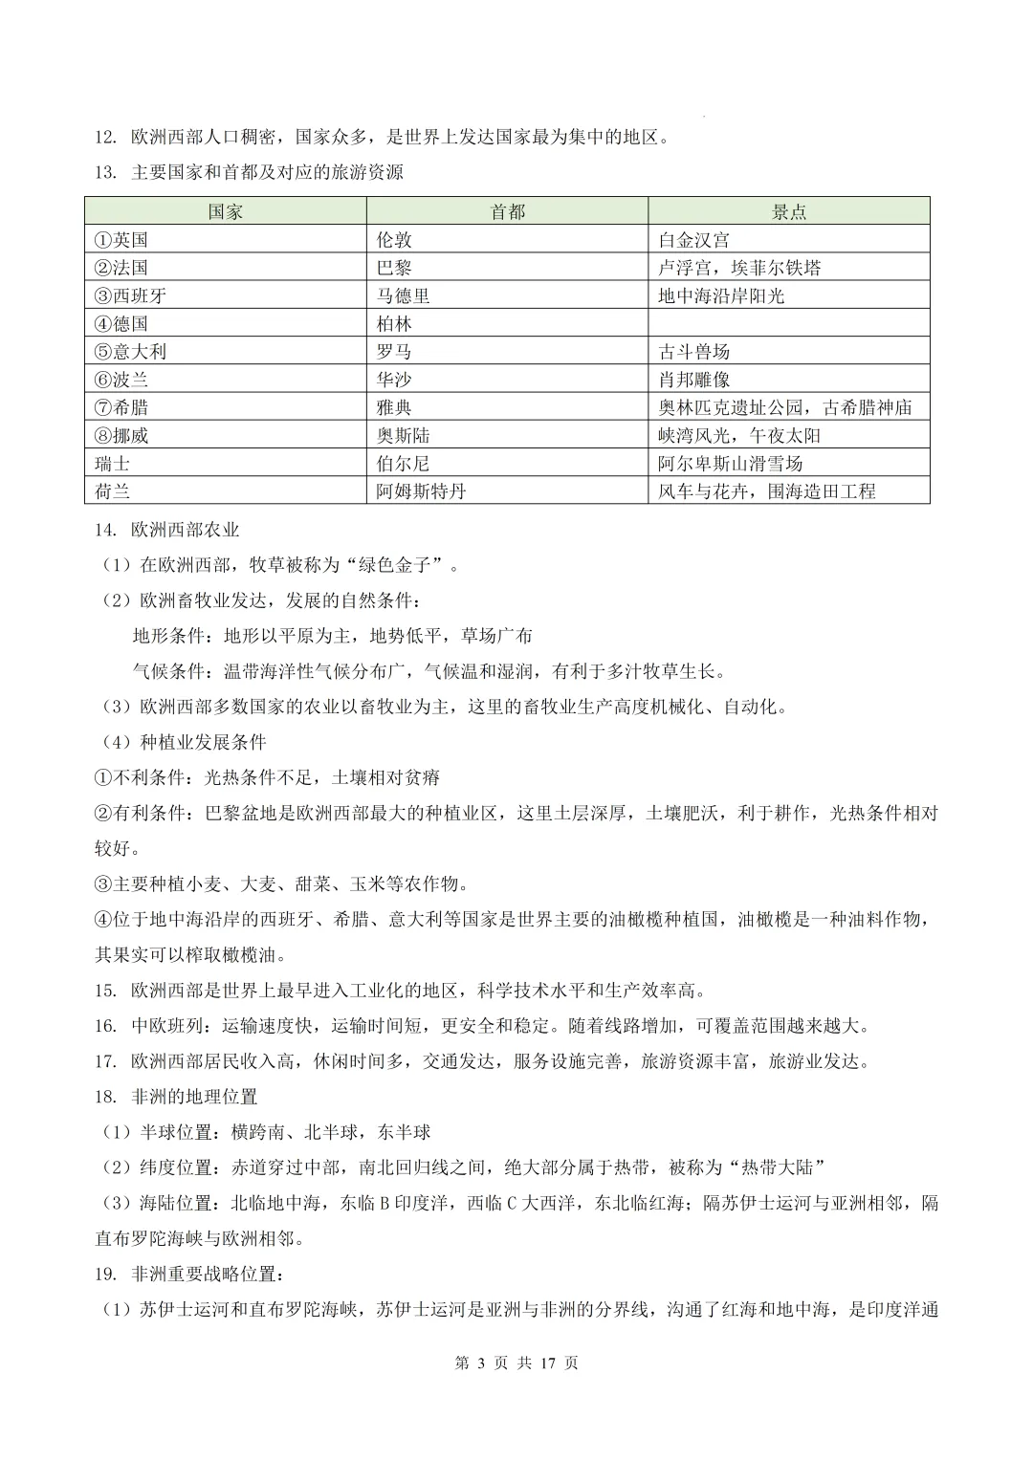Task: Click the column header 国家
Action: pyautogui.click(x=226, y=211)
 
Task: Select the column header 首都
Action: pyautogui.click(x=507, y=211)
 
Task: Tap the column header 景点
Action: pyautogui.click(x=789, y=211)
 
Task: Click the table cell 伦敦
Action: pyautogui.click(x=394, y=239)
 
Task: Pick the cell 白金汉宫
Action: pyautogui.click(x=693, y=239)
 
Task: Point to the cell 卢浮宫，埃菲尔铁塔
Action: pyautogui.click(x=739, y=268)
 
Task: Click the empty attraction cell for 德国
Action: pyautogui.click(x=789, y=323)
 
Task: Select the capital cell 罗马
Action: pyautogui.click(x=394, y=351)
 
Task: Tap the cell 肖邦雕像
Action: pyautogui.click(x=693, y=380)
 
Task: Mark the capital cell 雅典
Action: pyautogui.click(x=394, y=407)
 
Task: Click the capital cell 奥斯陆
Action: pyautogui.click(x=403, y=435)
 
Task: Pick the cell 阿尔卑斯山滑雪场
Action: pyautogui.click(x=730, y=464)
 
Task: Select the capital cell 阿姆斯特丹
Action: pyautogui.click(x=421, y=491)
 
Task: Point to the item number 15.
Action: pyautogui.click(x=105, y=991)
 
